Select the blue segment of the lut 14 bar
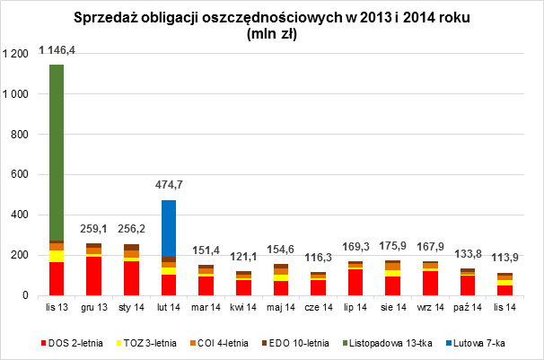[168, 228]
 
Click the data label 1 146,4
[57, 52]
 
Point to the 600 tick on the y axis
[22, 175]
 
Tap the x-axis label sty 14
[131, 308]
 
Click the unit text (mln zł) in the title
[271, 34]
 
